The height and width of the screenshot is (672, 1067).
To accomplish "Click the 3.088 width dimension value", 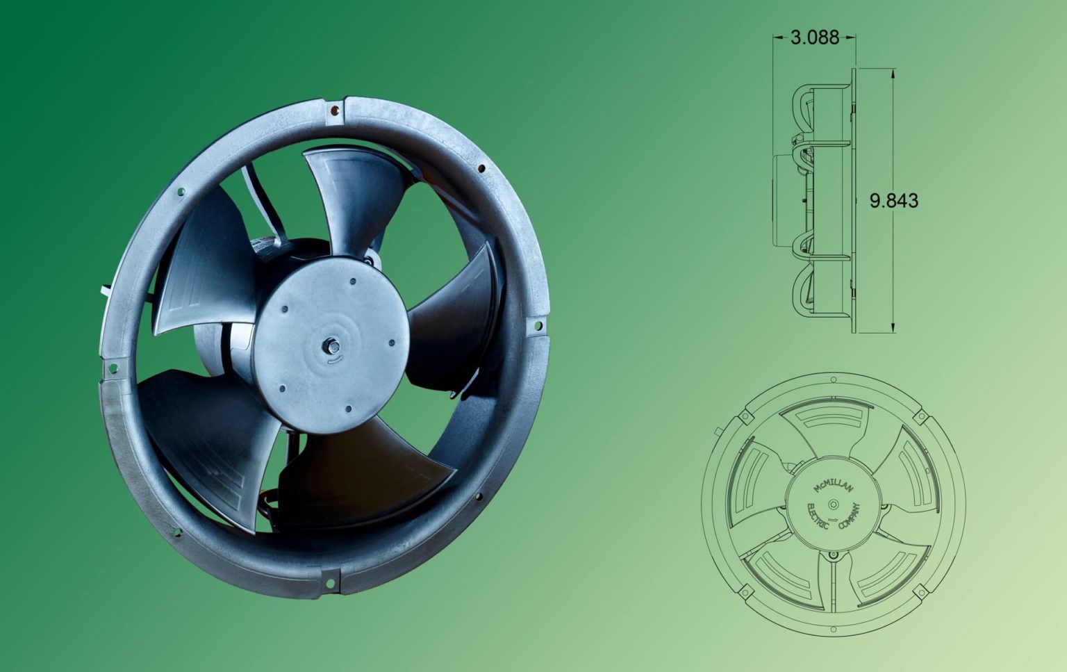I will point(814,37).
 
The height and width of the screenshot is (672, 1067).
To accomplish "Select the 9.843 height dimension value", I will point(893,201).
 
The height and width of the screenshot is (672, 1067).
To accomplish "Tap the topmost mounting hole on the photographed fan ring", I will point(334,109).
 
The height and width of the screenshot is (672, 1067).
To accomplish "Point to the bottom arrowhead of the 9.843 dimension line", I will point(893,329).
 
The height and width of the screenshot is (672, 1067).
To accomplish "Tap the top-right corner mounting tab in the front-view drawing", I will point(922,416).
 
